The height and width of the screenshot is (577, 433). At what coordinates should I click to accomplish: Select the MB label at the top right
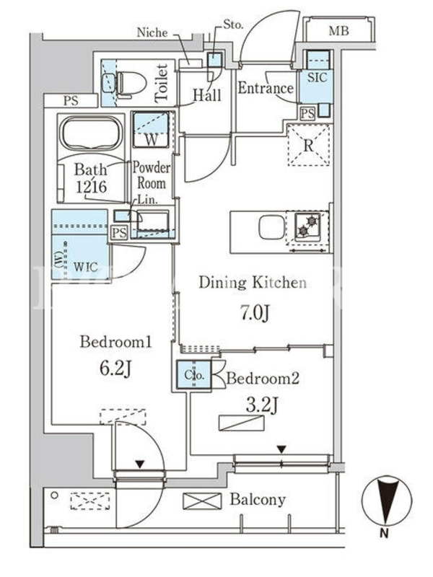(x=338, y=31)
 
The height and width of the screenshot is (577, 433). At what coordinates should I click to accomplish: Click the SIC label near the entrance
(x=317, y=78)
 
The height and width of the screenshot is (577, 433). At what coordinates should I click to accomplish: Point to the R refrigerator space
(x=309, y=146)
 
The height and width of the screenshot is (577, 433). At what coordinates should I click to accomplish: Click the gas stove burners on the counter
(x=308, y=226)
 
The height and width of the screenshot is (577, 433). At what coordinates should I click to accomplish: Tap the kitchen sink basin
(x=272, y=227)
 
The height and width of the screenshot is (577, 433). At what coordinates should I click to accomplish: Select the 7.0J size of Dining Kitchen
(x=255, y=313)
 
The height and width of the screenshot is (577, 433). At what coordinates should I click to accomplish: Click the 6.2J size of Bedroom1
(x=115, y=369)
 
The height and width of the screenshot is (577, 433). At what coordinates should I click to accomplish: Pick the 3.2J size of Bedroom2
(x=262, y=405)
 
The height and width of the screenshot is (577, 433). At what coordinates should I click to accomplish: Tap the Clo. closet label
(x=194, y=375)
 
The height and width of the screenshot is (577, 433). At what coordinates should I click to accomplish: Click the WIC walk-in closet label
(x=85, y=266)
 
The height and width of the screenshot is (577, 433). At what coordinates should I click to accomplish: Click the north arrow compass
(x=387, y=501)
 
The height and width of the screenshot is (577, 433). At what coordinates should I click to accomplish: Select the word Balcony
(x=258, y=499)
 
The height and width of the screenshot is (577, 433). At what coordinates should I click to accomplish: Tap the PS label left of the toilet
(x=71, y=101)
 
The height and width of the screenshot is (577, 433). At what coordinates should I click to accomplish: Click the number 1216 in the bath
(x=92, y=186)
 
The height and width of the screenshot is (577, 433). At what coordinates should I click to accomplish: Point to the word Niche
(x=152, y=32)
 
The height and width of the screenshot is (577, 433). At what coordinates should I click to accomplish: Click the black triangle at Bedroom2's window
(x=281, y=449)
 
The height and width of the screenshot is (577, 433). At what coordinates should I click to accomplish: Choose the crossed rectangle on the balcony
(x=202, y=501)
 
